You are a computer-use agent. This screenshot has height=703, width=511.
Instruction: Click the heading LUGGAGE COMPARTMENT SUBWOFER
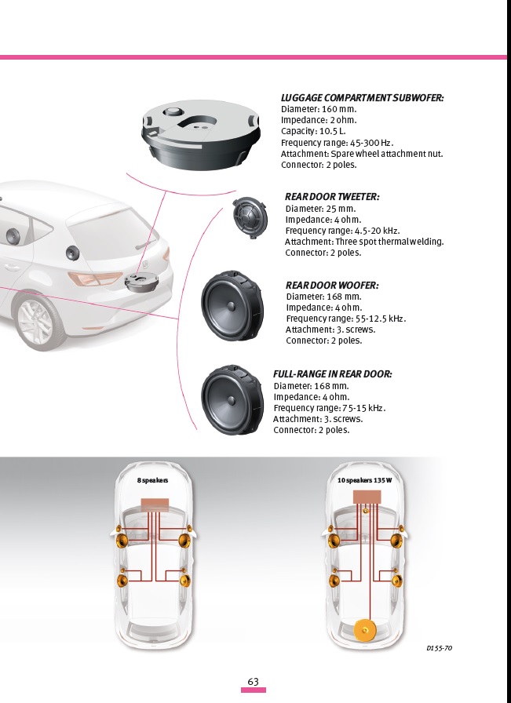pos(362,98)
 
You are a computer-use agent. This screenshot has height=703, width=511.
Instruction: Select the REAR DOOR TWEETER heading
pos(332,197)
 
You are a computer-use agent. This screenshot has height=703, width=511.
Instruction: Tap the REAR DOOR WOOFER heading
pos(332,286)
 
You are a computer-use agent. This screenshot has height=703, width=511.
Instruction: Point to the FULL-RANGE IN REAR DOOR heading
pos(332,374)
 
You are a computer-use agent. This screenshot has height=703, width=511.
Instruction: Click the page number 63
pos(253,682)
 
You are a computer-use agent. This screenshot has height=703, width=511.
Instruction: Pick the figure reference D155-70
pos(439,648)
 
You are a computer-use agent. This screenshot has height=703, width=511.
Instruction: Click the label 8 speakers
pos(153,479)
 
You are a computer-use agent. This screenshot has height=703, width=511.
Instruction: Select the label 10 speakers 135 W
pos(364,479)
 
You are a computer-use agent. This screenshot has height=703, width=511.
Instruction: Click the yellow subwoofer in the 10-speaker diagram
pos(366,630)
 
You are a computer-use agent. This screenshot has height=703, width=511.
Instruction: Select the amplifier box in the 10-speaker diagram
pos(367,497)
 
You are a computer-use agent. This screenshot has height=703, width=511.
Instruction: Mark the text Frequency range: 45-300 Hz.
pos(337,143)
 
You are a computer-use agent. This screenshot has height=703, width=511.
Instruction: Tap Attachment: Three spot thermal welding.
pos(364,242)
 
